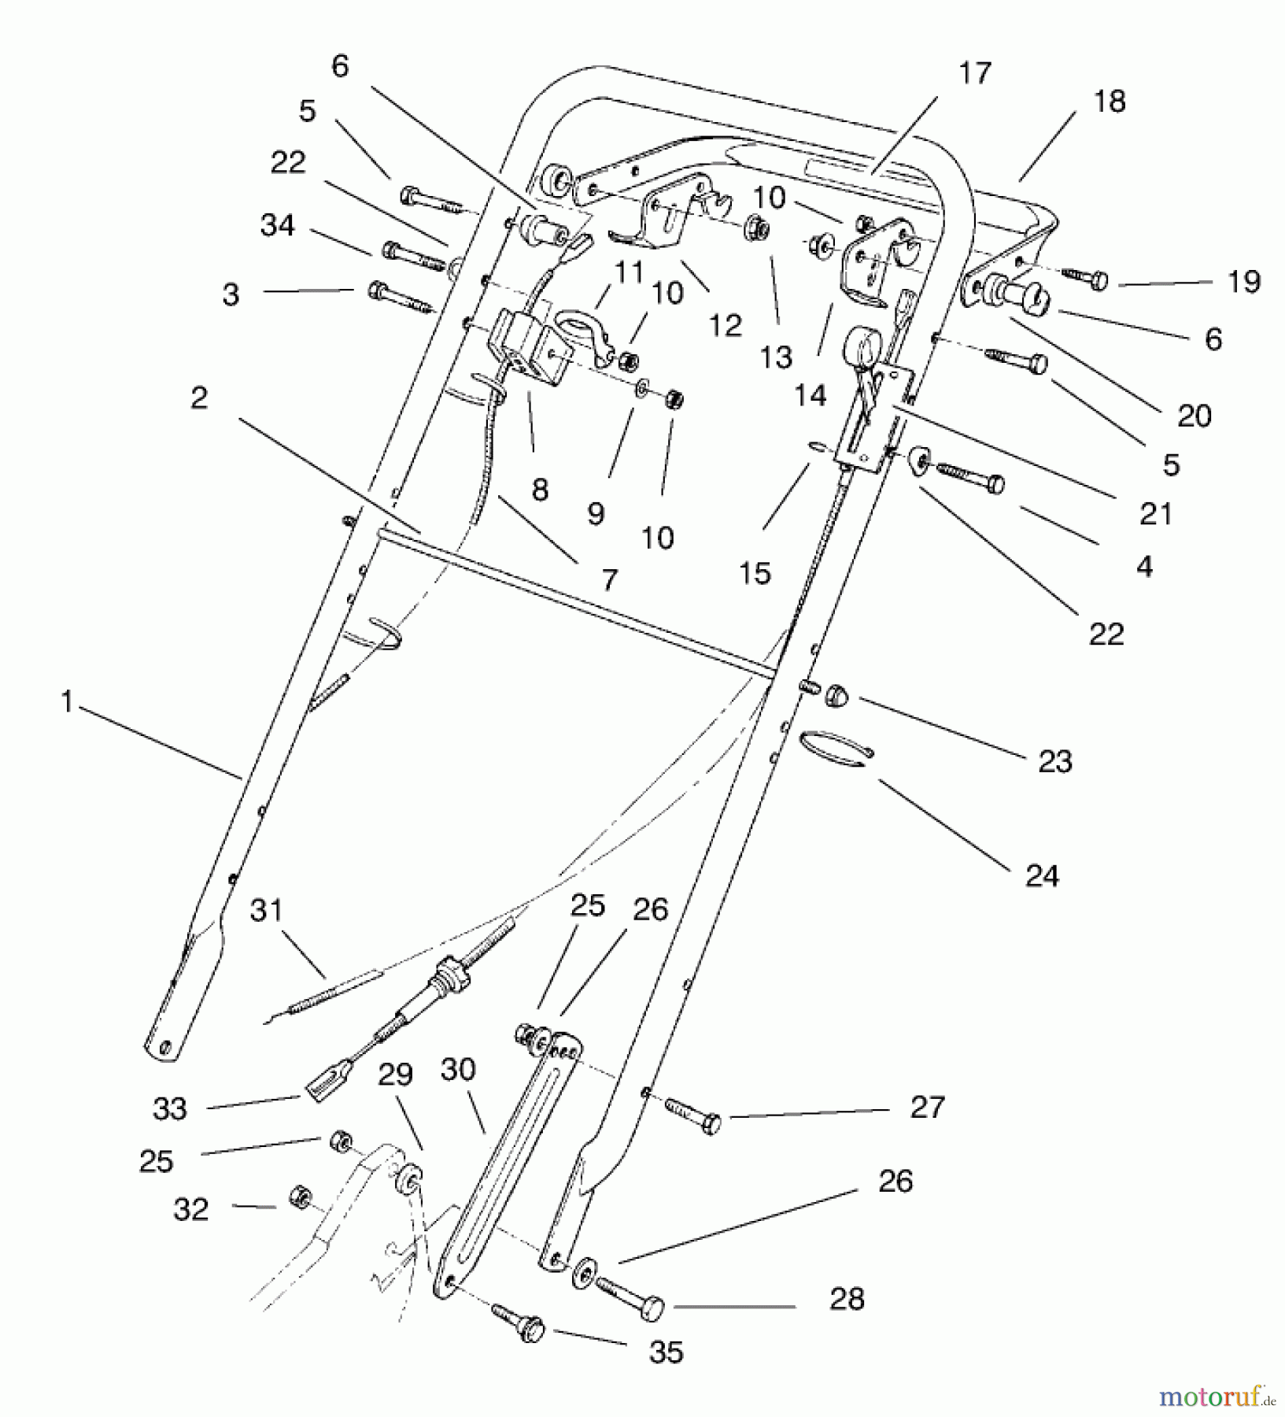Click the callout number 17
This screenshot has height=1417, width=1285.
(974, 74)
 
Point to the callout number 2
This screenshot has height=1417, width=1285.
(199, 398)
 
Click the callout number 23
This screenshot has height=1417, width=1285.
(1055, 761)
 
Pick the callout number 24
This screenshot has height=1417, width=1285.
(1042, 875)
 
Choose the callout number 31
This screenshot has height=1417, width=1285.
(266, 911)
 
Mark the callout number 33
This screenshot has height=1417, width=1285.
(170, 1108)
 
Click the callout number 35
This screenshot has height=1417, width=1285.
(666, 1352)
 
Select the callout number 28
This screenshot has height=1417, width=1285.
(847, 1298)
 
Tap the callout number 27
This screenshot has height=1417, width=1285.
(927, 1107)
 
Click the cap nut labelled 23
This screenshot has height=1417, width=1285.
(835, 694)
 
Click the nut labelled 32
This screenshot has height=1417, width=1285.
(298, 1196)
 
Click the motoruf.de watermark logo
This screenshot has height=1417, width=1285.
(1219, 1397)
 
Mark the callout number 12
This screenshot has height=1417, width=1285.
(725, 326)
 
